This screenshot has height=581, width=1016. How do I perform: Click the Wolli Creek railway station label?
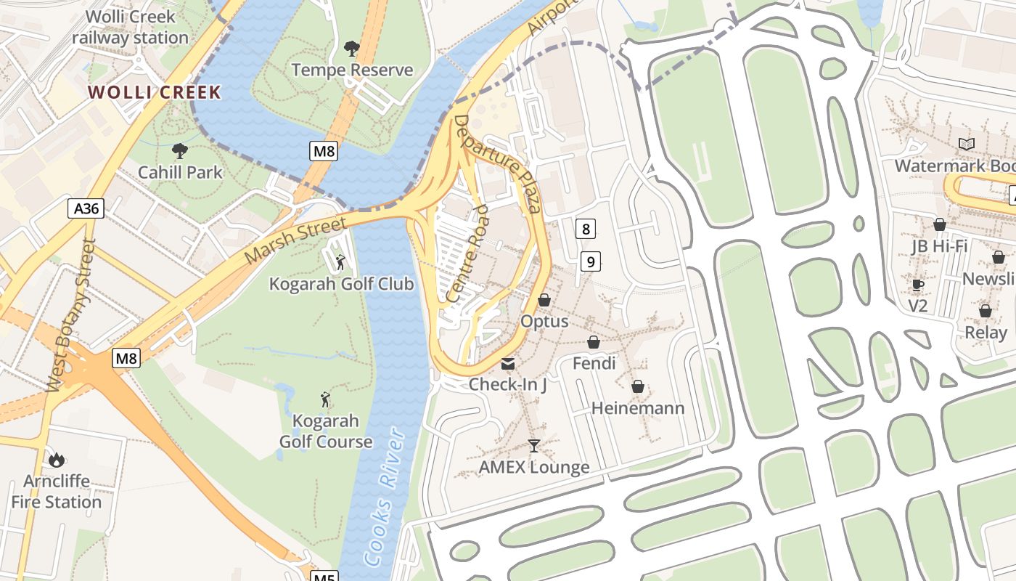click(130, 27)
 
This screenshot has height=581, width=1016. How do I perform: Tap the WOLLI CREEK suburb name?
click(154, 92)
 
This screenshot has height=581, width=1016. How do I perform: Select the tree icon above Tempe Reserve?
click(352, 49)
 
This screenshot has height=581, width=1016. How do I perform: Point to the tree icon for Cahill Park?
click(180, 151)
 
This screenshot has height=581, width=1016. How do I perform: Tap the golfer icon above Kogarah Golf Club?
click(340, 261)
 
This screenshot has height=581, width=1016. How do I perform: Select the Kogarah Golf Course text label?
click(326, 431)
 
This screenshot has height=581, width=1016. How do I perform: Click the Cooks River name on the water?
click(385, 496)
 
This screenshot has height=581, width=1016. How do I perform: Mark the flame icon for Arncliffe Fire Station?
click(57, 459)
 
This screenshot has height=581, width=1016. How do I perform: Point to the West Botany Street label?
click(70, 316)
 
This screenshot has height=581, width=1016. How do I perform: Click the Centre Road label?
click(467, 253)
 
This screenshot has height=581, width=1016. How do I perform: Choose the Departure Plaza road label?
click(499, 163)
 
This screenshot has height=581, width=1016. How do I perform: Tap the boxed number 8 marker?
click(586, 229)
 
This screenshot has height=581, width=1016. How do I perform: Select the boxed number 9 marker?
click(591, 261)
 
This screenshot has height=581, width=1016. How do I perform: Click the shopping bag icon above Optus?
click(544, 300)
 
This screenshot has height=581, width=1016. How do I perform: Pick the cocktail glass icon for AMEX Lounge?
click(534, 446)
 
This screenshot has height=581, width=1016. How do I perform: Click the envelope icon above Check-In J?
click(508, 363)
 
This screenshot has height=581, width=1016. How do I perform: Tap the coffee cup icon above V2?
click(918, 285)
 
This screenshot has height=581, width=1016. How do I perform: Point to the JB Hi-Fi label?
click(940, 246)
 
